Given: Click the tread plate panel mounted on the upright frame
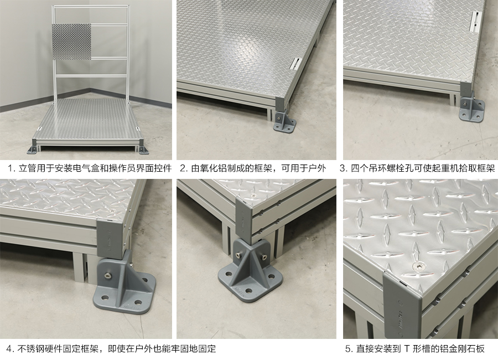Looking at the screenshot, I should [x=71, y=42].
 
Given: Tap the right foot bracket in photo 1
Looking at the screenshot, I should [x=146, y=149].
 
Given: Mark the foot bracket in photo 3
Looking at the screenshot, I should [x=471, y=108].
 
